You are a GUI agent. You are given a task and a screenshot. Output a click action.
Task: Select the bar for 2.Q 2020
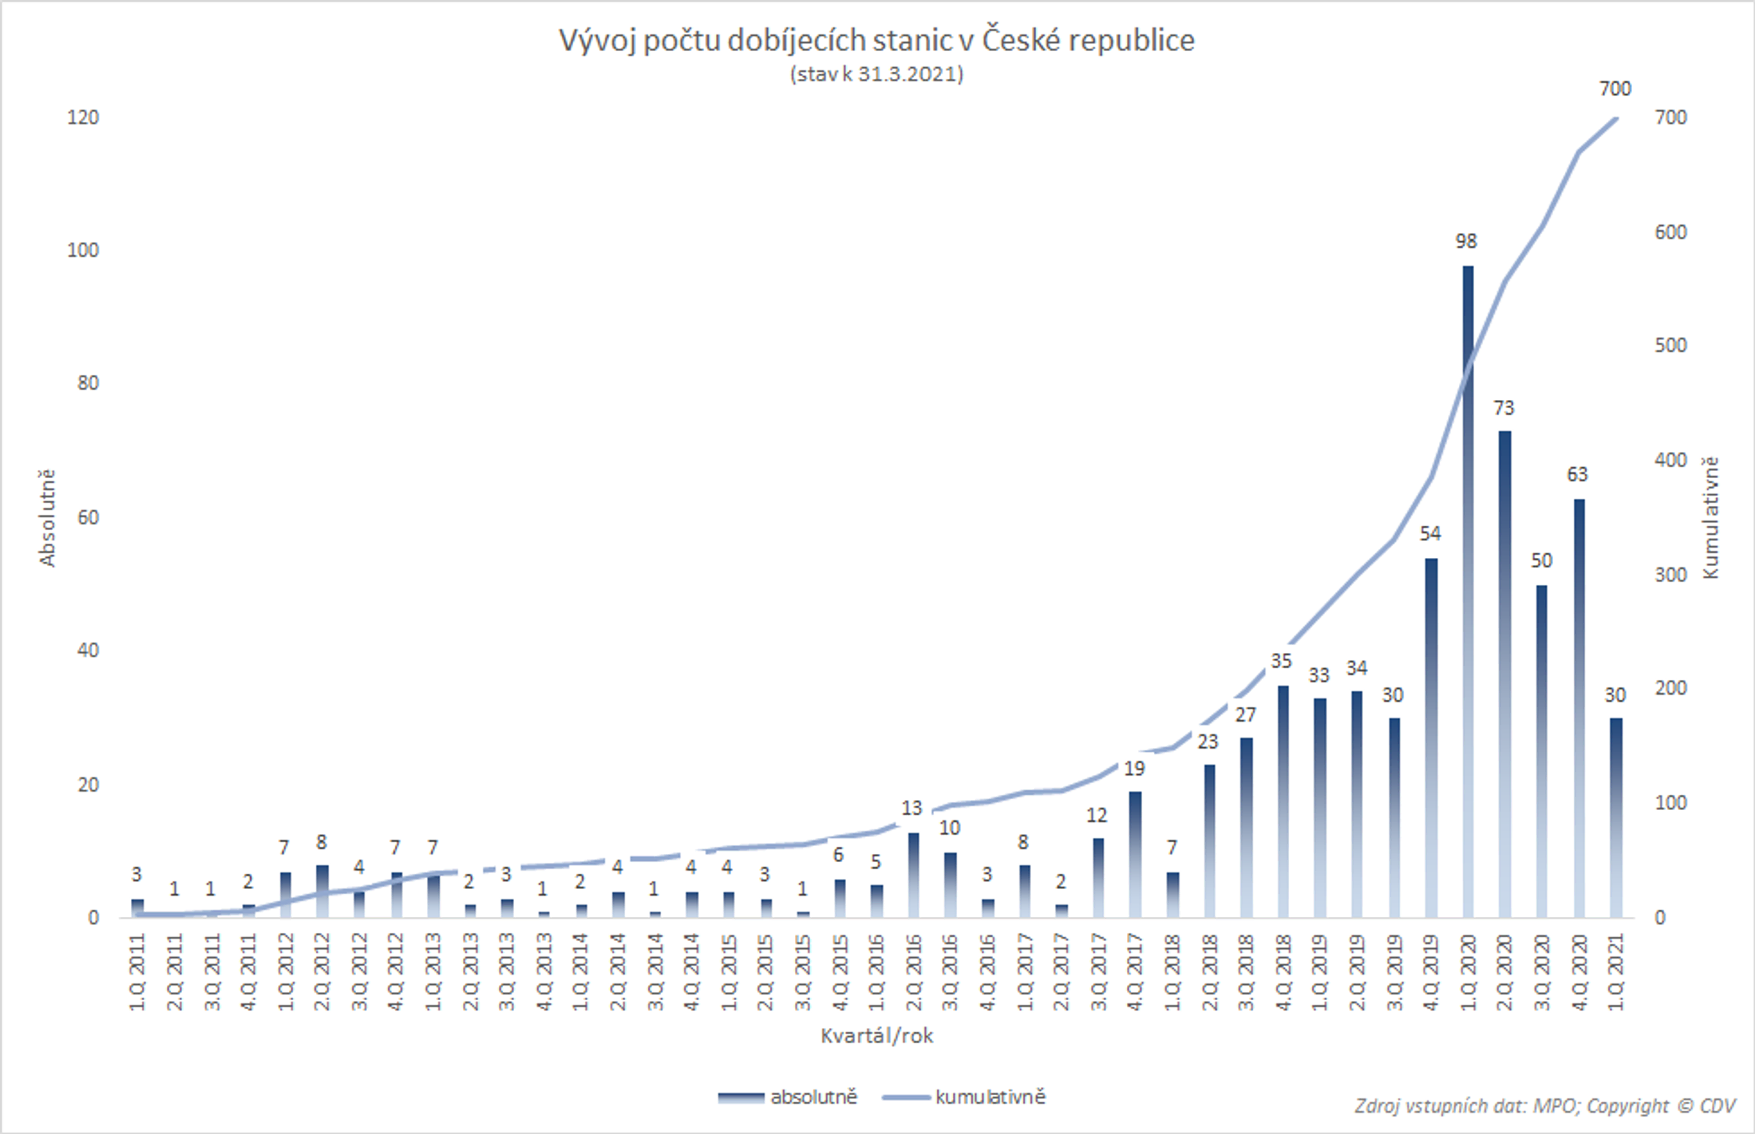click(1505, 674)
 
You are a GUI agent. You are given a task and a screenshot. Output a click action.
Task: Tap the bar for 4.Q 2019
click(1431, 736)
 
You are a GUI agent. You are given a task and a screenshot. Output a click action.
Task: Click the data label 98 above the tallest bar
click(1465, 241)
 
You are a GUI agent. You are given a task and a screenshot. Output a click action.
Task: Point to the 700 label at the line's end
click(1615, 89)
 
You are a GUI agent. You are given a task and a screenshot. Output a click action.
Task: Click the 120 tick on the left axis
click(83, 118)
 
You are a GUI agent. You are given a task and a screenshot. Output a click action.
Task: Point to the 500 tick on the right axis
click(1670, 345)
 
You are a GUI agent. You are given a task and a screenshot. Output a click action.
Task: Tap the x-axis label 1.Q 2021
click(1616, 972)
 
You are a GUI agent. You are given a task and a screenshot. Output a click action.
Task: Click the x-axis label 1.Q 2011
click(137, 972)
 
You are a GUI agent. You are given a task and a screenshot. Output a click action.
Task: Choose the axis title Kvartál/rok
click(876, 1036)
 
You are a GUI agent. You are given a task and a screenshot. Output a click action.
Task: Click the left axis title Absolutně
click(47, 518)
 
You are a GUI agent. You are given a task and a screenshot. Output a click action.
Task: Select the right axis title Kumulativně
click(1710, 518)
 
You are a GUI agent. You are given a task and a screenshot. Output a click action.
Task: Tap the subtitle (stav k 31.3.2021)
click(876, 75)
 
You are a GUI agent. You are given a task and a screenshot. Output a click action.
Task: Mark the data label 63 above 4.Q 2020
click(1577, 475)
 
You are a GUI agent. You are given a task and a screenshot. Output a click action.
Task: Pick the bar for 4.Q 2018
click(1283, 803)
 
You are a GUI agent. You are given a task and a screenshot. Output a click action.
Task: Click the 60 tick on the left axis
click(88, 518)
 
